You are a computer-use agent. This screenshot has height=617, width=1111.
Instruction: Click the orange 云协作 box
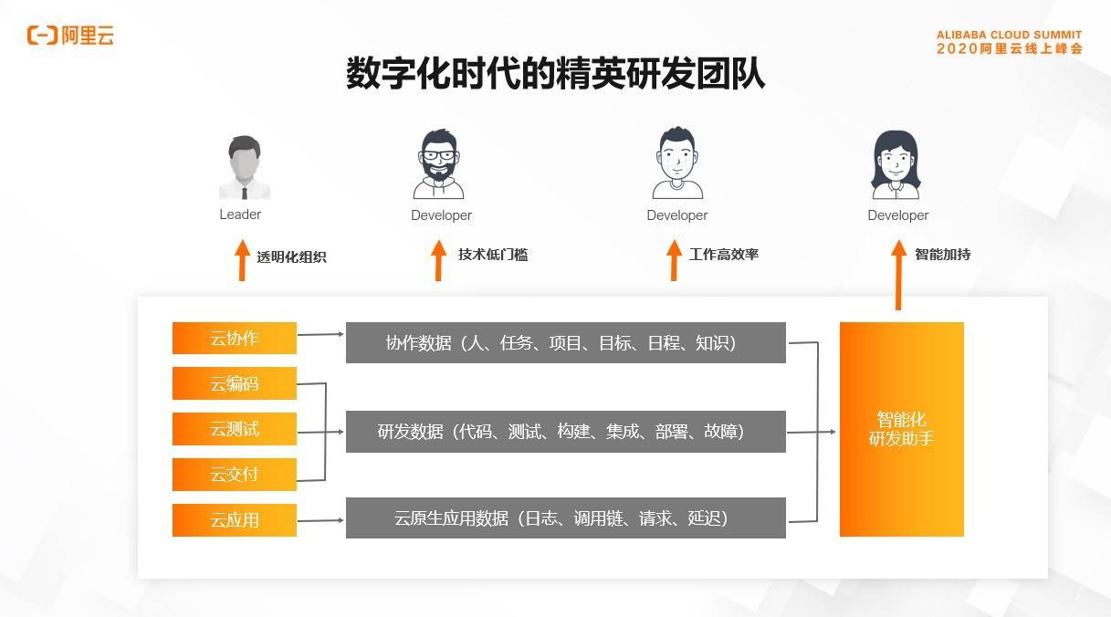(x=235, y=339)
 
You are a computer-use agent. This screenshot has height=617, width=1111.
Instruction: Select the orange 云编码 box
(x=235, y=383)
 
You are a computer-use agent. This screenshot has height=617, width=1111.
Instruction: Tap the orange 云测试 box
(x=235, y=429)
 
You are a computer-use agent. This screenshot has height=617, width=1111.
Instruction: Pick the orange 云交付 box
(x=235, y=475)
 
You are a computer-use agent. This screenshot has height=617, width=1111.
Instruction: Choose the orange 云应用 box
(x=235, y=520)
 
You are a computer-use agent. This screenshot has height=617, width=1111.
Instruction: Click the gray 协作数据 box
(x=565, y=342)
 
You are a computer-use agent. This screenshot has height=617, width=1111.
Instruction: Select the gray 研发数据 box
(x=565, y=431)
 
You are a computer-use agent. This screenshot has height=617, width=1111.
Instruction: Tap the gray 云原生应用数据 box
(x=565, y=518)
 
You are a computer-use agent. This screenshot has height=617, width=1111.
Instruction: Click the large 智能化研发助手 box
(x=901, y=429)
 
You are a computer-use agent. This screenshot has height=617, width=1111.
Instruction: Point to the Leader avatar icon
(x=244, y=168)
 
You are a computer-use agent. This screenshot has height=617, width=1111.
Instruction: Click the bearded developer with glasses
(x=439, y=165)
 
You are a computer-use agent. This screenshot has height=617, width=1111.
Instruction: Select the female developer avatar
(x=896, y=165)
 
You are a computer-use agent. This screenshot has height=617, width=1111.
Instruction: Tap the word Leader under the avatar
(x=240, y=214)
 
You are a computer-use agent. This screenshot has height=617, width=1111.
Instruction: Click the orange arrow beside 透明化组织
(x=242, y=260)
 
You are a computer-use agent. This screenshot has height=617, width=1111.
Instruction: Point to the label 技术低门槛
(x=493, y=255)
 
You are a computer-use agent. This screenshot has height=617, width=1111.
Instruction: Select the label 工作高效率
(x=724, y=255)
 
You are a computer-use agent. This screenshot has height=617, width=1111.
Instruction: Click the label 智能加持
(x=942, y=255)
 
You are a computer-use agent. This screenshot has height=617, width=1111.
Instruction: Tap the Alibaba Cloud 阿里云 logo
(x=70, y=36)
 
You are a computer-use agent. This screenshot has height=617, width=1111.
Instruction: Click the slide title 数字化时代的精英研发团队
(x=555, y=73)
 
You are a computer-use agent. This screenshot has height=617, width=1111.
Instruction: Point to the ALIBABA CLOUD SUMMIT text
(x=1009, y=36)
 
